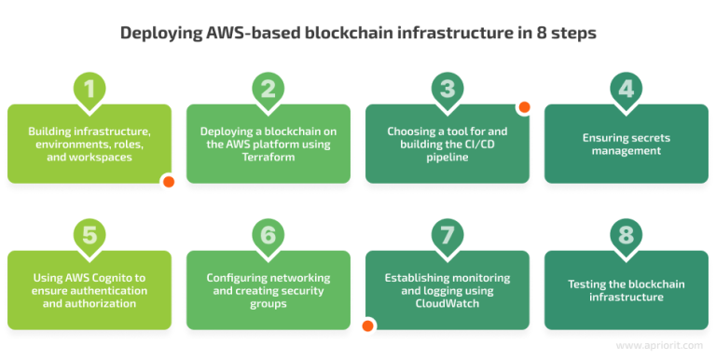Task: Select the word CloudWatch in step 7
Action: pyautogui.click(x=447, y=304)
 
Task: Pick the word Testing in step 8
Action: pyautogui.click(x=588, y=284)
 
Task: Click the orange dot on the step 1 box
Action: pyautogui.click(x=168, y=182)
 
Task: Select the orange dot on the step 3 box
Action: pyautogui.click(x=524, y=107)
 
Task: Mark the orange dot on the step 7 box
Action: pyautogui.click(x=368, y=326)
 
